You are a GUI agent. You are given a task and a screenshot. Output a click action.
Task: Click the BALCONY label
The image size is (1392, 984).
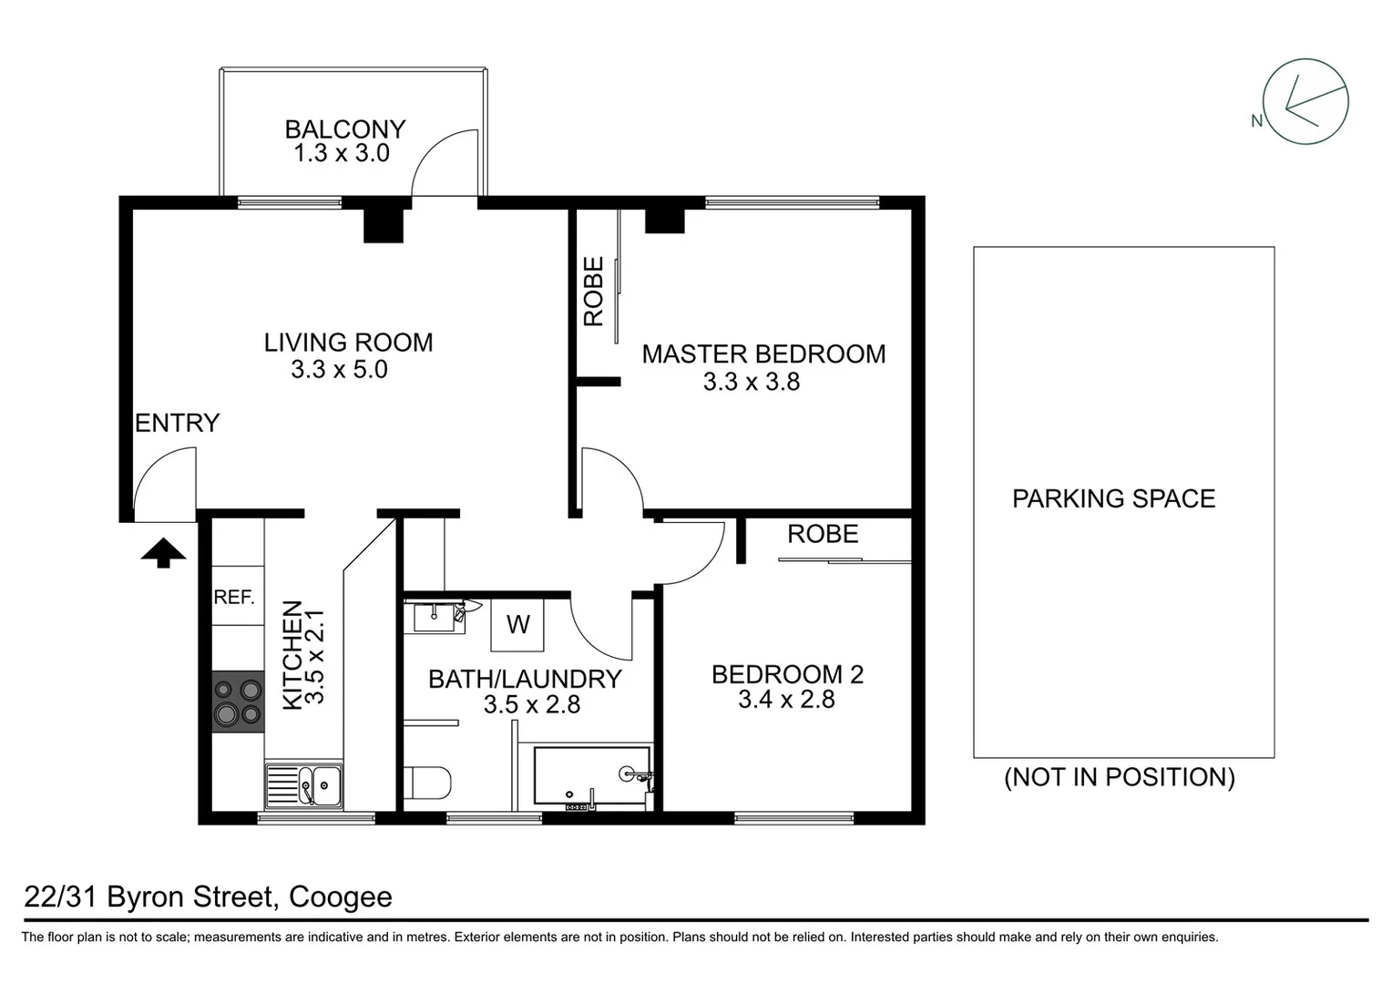click(344, 129)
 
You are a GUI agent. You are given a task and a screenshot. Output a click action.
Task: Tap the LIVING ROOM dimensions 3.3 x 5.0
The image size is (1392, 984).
click(339, 370)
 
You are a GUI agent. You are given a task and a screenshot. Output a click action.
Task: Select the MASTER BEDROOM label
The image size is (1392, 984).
click(763, 354)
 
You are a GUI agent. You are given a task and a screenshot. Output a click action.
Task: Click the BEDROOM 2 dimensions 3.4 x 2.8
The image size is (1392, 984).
click(786, 700)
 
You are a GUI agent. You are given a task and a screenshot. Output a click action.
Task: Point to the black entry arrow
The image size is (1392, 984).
click(164, 552)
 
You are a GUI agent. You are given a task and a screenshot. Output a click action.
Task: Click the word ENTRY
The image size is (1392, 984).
click(178, 423)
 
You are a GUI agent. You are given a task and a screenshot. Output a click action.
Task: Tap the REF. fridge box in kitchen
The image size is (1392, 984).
click(234, 597)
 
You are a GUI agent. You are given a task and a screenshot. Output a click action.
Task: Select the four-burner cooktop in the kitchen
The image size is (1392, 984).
click(238, 702)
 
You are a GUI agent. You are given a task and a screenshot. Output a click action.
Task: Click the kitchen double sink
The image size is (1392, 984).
click(304, 785)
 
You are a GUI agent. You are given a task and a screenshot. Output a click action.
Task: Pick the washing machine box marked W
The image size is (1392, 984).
click(517, 624)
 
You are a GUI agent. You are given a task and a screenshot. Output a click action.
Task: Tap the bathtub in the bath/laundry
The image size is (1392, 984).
click(591, 776)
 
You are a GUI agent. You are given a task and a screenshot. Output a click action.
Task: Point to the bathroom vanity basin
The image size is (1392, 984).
click(434, 616)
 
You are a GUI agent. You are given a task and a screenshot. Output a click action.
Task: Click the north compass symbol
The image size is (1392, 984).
click(1305, 102)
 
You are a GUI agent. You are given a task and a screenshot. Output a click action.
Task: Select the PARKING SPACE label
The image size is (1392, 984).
click(1113, 498)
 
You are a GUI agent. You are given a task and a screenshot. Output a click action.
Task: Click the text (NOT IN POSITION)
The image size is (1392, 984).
click(1120, 777)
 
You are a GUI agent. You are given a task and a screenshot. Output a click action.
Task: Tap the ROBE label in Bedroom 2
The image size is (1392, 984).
click(823, 534)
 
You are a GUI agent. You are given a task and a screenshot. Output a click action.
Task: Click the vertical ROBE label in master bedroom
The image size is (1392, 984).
click(594, 292)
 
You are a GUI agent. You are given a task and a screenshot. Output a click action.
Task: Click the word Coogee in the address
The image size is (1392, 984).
click(340, 897)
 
